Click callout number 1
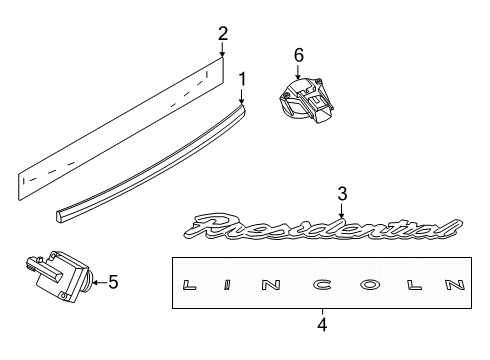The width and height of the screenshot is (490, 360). pos(242,79)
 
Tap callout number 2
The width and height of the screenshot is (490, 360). pos(223,34)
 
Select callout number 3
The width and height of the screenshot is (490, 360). pos(342,194)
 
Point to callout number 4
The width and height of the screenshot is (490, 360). pos(322,324)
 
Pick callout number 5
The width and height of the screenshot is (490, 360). pos(113,282)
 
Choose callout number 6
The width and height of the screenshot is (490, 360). pos(299,55)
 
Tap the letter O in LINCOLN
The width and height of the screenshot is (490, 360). pos(371,285)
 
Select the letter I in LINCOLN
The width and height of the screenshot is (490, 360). pos(227,285)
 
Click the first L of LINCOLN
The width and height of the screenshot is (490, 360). pos(189,285)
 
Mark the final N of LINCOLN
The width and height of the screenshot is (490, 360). pos(455,285)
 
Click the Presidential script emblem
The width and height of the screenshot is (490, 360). pos(323,228)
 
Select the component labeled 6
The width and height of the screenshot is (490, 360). pos(305,100)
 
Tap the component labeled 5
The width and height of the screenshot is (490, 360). pos(60,277)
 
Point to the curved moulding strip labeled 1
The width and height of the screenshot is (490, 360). pos(151,163)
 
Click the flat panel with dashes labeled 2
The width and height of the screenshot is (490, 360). pos(120,129)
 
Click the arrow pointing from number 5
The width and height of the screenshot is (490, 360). pos(100,282)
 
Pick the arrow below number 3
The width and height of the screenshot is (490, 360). pos(342,210)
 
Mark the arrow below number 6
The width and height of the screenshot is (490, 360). pos(298,72)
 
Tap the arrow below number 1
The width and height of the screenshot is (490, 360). pos(242,96)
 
